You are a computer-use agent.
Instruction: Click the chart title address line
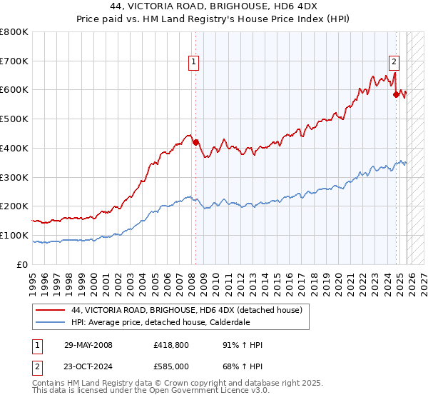(x=213, y=6)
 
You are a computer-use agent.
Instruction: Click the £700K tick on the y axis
(x=14, y=61)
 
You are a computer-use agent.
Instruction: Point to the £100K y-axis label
(x=14, y=235)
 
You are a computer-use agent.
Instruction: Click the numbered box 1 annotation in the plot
(x=193, y=63)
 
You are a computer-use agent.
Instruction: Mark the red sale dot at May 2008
(x=195, y=142)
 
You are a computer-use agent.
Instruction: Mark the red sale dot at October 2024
(x=396, y=94)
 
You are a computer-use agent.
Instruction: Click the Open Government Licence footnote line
(x=151, y=392)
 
